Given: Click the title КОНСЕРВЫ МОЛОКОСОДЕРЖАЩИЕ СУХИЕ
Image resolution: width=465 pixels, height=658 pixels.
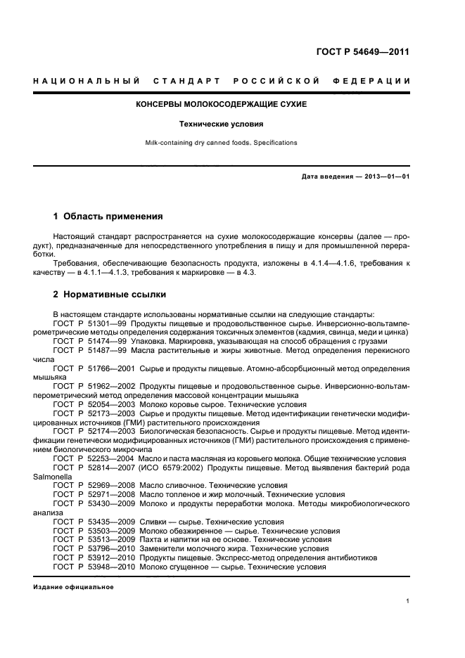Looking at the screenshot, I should [221, 104].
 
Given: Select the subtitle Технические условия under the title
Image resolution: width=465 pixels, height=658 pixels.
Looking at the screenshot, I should [221, 124].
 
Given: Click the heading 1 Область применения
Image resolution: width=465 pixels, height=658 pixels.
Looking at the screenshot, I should [108, 217].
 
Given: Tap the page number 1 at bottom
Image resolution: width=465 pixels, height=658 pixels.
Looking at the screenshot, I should [408, 601].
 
